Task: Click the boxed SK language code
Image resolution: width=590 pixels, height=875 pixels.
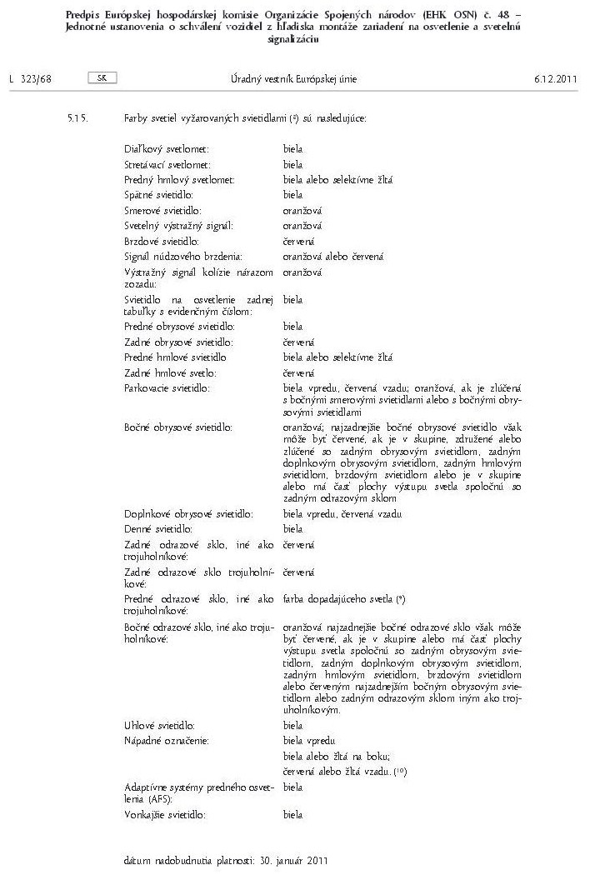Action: tap(102, 77)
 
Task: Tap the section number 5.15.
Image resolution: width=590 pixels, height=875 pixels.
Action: tap(77, 118)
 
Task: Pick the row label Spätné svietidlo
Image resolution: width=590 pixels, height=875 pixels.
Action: tap(157, 195)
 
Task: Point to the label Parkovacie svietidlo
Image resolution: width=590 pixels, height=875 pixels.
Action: tap(167, 388)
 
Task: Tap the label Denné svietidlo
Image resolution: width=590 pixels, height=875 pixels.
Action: tap(158, 529)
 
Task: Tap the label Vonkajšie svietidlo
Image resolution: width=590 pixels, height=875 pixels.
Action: tap(164, 814)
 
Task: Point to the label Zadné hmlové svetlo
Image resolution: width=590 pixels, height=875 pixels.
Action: tap(169, 372)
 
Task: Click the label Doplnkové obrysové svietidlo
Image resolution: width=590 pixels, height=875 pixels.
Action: tap(188, 514)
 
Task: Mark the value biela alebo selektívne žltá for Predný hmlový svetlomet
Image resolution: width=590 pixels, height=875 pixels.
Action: tap(337, 179)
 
